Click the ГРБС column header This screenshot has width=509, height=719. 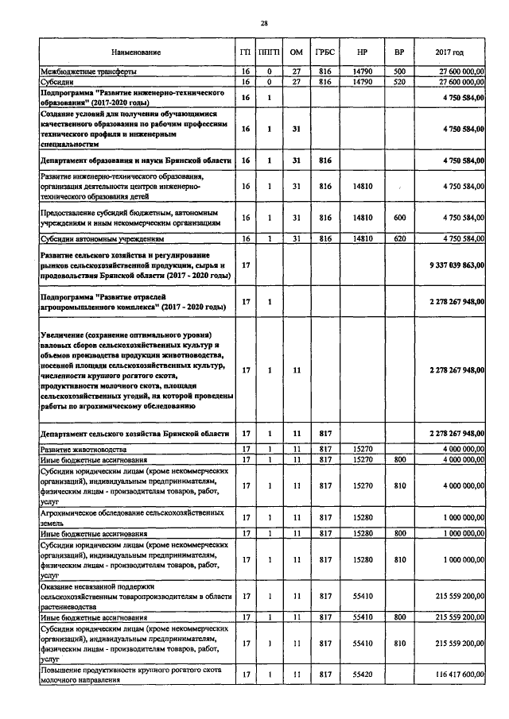coord(324,52)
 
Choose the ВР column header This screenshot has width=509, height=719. coord(399,52)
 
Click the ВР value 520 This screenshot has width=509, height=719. coord(399,81)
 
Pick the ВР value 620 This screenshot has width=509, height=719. coord(399,238)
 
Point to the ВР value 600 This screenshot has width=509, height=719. coord(399,217)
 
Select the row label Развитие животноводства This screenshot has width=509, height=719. coord(81,450)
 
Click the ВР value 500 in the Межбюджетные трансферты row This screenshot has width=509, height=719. coord(399,72)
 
